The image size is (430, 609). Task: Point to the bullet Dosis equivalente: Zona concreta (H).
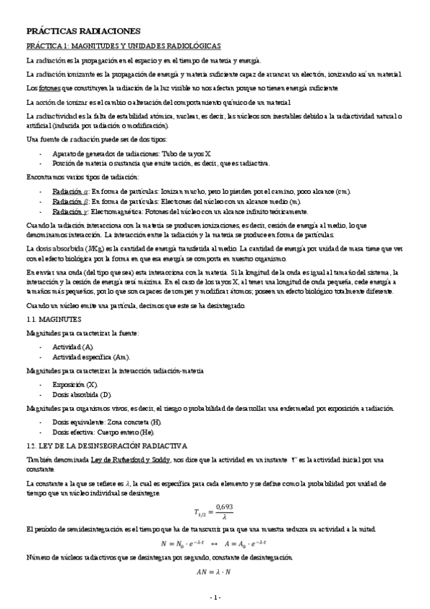[x=107, y=423]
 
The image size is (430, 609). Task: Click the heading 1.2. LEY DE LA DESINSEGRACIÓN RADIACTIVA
[x=106, y=445]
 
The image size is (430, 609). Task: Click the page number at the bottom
[x=215, y=597]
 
